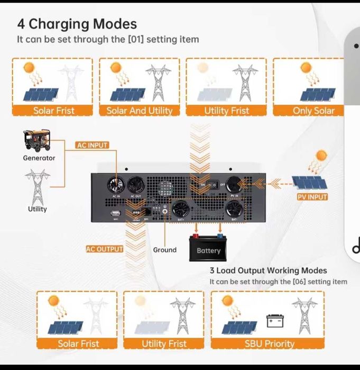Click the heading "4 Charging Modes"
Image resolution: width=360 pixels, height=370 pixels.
tap(77, 24)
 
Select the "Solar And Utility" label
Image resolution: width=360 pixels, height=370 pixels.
tap(139, 111)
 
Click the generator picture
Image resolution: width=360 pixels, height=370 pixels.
tap(37, 140)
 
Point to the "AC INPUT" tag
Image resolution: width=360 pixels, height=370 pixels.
tap(92, 145)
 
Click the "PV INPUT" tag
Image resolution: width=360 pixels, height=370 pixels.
tap(312, 197)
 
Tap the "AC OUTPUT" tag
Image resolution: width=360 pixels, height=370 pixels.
tap(104, 249)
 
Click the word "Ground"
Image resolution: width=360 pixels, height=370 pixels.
tap(164, 250)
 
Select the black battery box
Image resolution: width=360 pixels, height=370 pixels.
tap(208, 249)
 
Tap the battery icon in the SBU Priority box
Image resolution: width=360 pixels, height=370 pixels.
tap(275, 321)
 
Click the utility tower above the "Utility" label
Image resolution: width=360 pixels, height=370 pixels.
tap(37, 185)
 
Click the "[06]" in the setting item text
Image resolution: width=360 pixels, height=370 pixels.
tap(299, 282)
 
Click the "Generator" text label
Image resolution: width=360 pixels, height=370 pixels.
tap(39, 158)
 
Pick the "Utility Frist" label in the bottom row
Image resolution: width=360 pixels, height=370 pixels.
tap(164, 344)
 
